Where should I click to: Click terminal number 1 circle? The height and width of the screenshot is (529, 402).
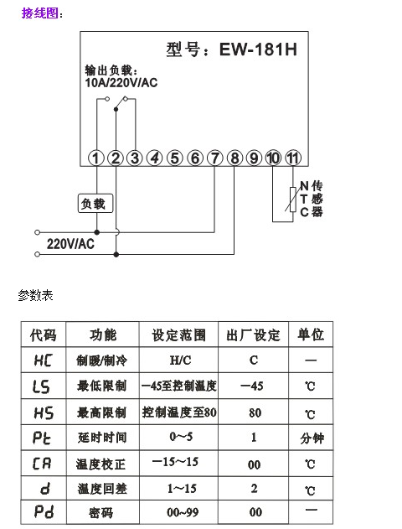click(96, 158)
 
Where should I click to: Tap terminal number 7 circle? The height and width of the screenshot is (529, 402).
click(214, 158)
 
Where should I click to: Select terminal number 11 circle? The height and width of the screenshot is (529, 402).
click(293, 158)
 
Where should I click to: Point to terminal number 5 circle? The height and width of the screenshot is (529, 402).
click(174, 158)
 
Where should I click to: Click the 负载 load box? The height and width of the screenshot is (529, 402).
click(95, 203)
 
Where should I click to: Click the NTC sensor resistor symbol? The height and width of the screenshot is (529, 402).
click(293, 200)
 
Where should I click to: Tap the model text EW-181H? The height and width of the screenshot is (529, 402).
click(258, 49)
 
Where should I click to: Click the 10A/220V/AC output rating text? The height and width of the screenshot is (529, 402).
click(121, 82)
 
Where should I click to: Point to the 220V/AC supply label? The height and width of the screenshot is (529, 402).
click(70, 244)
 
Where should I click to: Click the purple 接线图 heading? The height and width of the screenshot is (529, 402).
click(39, 13)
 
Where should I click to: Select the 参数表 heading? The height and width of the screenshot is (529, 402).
click(35, 295)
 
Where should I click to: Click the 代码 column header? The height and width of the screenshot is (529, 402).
click(44, 335)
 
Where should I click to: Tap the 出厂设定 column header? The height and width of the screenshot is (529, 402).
click(253, 335)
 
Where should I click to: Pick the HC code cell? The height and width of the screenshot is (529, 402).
click(44, 360)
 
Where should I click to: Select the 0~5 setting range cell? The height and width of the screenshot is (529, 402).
click(181, 437)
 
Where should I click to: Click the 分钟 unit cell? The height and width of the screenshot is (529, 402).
click(312, 438)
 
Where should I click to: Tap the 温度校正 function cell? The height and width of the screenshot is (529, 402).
click(100, 464)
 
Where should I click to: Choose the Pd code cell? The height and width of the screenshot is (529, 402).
click(44, 511)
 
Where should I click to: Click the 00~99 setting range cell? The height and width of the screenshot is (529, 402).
click(183, 512)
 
